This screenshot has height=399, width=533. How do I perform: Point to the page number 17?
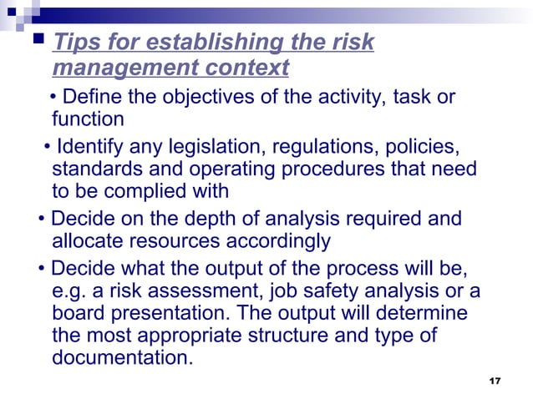(x=495, y=381)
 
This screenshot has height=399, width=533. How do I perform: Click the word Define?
(x=92, y=97)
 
